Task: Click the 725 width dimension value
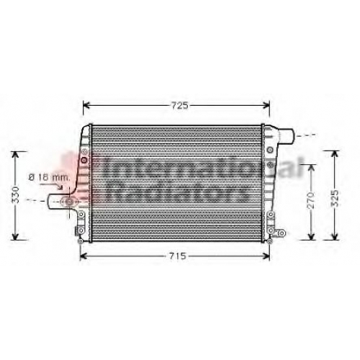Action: (180, 105)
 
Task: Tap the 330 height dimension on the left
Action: (16, 195)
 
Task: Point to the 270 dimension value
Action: (311, 201)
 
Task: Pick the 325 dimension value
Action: (336, 198)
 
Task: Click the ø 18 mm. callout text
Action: (50, 178)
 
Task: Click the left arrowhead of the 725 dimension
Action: (86, 105)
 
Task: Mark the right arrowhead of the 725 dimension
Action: (266, 105)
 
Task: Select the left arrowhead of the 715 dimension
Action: (83, 257)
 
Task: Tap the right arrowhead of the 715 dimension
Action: (266, 257)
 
